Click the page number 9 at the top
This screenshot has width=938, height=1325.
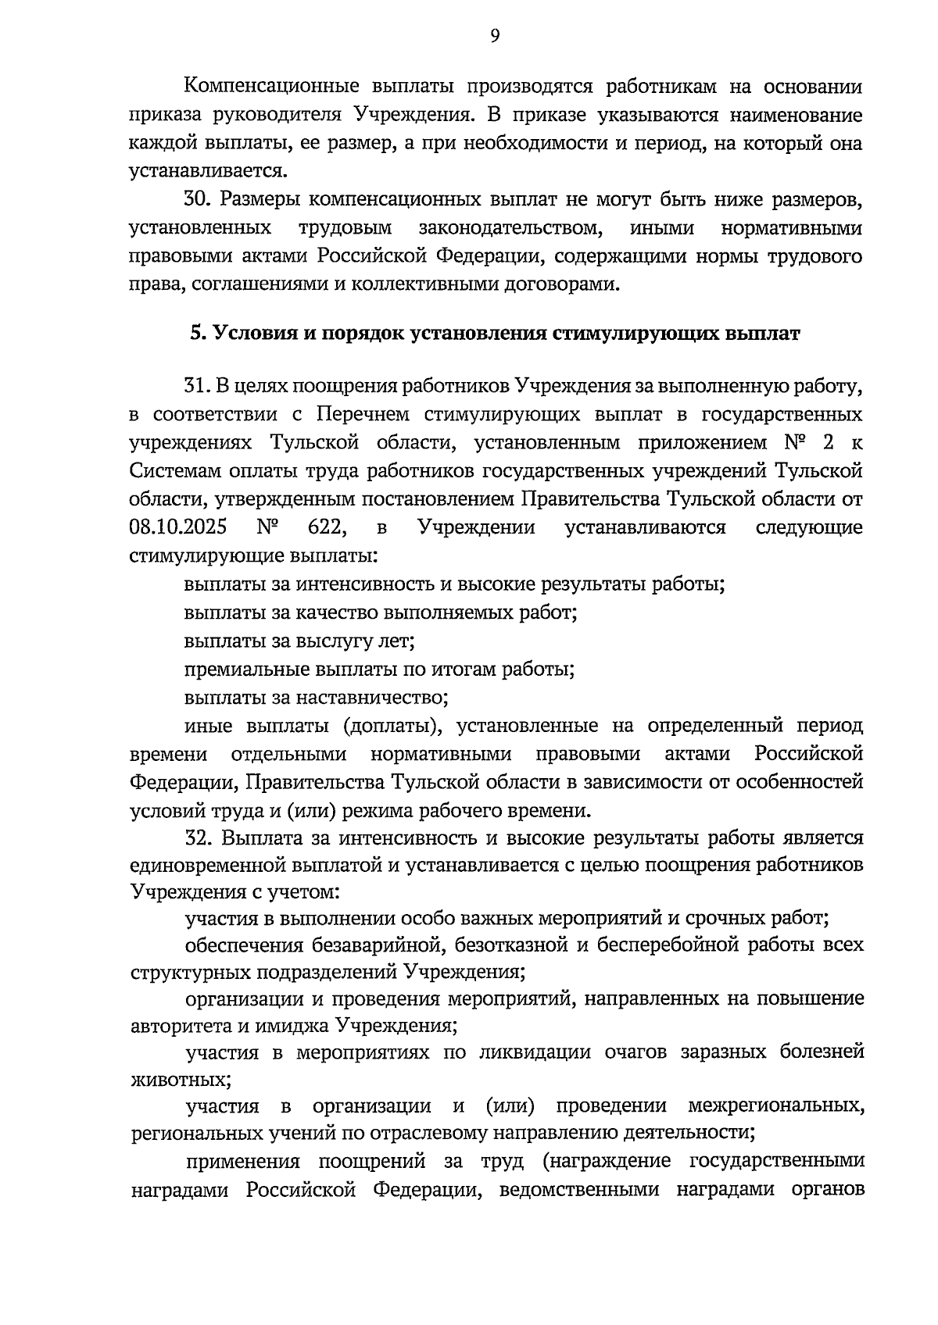pos(495,35)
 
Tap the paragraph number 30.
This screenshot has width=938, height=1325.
pos(198,200)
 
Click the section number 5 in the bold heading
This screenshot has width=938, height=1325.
pos(196,334)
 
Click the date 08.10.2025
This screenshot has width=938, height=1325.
pos(177,527)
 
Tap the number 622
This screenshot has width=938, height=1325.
pos(327,527)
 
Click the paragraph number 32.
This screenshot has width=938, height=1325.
pos(198,838)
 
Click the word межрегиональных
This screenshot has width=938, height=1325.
pos(776,1105)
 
